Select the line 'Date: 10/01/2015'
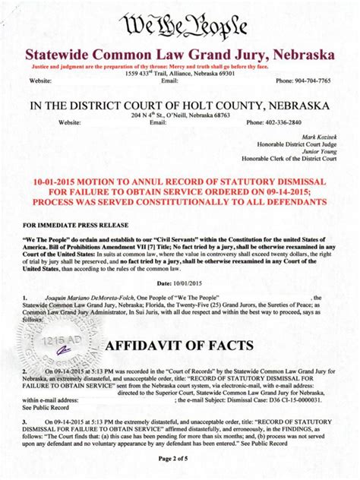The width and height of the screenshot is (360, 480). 179,282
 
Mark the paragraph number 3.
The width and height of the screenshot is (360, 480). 26,420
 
